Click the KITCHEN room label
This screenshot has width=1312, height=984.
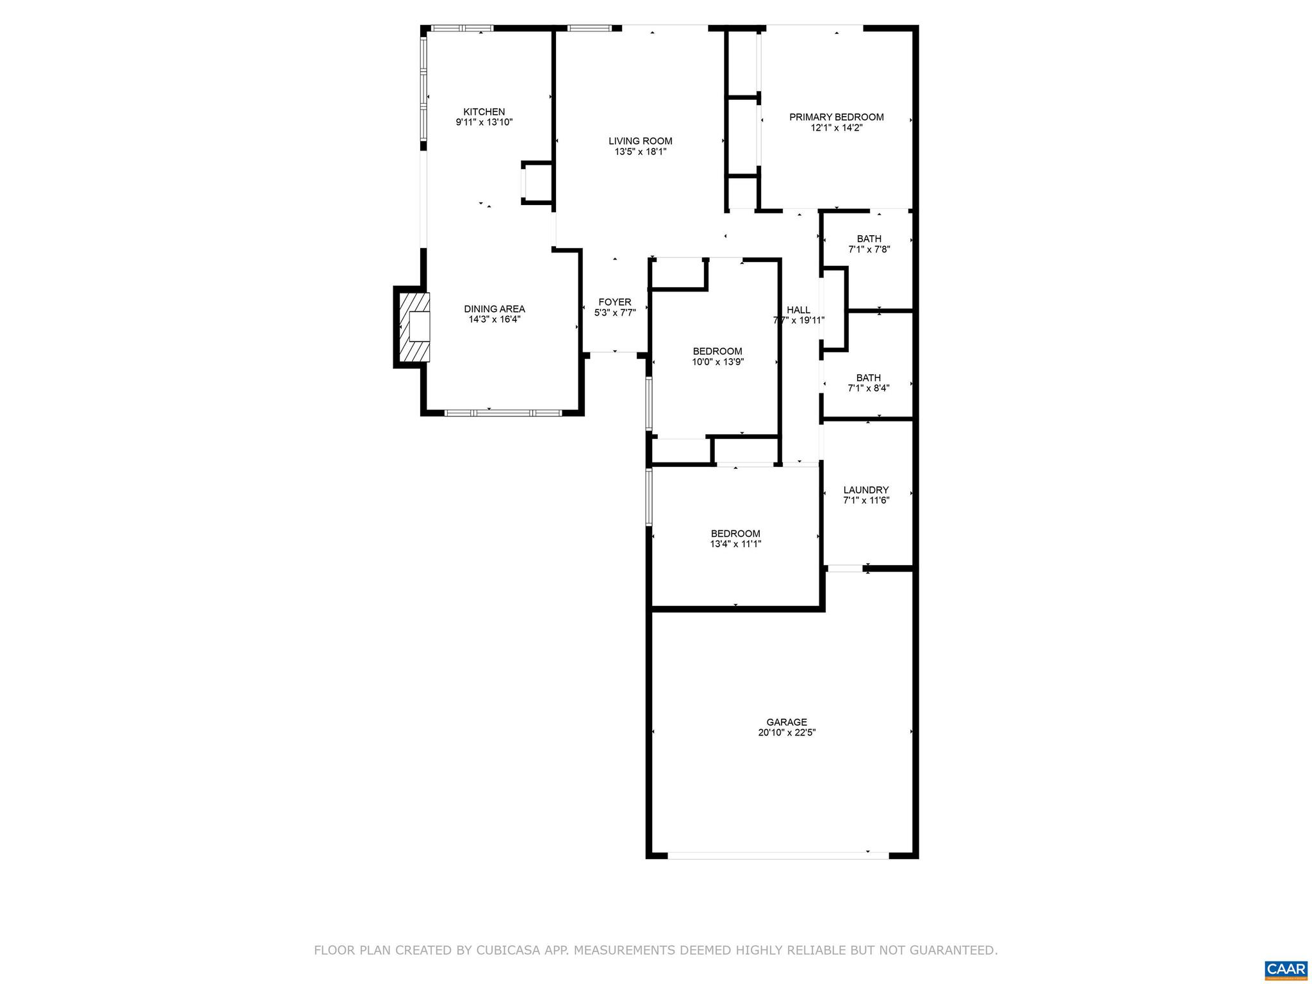[484, 111]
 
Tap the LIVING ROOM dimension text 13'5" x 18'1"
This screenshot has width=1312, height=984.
[640, 152]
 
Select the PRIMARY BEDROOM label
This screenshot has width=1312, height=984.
[836, 117]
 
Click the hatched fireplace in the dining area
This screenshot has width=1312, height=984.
[414, 327]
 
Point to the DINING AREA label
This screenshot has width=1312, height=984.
[494, 309]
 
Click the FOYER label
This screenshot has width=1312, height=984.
[614, 302]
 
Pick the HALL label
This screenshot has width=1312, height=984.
[798, 310]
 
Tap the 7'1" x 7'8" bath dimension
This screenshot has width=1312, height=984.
[869, 249]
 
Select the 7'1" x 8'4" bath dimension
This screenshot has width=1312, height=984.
[868, 388]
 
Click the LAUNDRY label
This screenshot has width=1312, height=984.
[865, 490]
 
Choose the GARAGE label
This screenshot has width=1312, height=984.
[786, 722]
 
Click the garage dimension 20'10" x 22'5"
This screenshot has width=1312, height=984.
[786, 732]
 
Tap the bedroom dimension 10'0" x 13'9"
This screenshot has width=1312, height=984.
[717, 361]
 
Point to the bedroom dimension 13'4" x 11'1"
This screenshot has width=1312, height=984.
[735, 544]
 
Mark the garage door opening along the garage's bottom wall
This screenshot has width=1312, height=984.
[778, 855]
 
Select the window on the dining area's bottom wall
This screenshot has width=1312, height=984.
[503, 413]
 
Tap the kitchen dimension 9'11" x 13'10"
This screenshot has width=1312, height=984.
[484, 122]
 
